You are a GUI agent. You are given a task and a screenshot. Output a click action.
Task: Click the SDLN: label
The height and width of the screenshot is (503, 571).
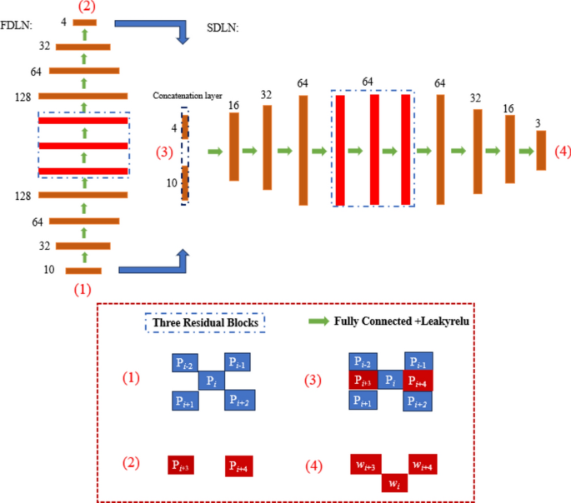click(x=223, y=28)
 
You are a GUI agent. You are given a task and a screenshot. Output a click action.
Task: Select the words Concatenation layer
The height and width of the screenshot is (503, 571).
click(x=186, y=96)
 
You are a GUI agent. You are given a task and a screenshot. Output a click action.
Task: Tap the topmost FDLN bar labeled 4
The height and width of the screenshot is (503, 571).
click(x=84, y=22)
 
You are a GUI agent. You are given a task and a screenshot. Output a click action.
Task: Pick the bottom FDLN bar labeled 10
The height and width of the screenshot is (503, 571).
click(x=83, y=271)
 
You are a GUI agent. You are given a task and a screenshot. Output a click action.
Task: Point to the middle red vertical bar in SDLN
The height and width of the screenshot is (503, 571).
click(x=374, y=150)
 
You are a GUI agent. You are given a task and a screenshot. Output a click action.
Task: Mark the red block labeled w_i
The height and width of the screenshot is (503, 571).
click(x=397, y=482)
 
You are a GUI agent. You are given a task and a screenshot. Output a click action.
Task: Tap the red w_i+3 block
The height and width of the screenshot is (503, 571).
click(x=366, y=464)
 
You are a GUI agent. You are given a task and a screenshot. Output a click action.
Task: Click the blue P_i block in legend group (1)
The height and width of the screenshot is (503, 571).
click(x=211, y=381)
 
